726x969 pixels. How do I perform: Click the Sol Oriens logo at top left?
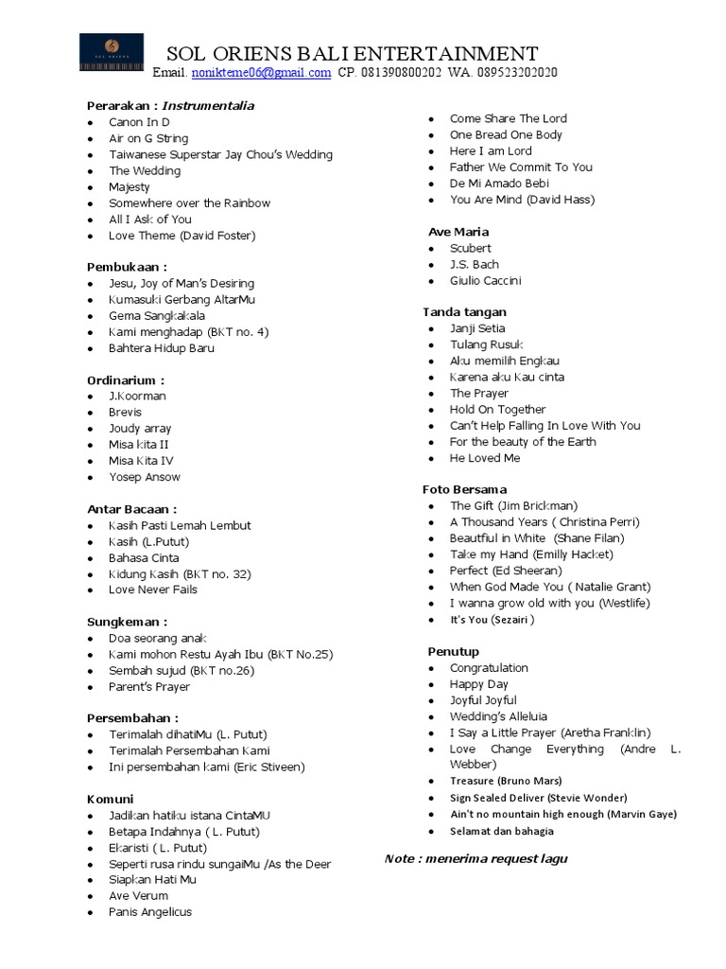[x=112, y=52]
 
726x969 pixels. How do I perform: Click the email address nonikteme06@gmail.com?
[x=261, y=73]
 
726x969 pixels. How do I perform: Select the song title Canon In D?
[x=139, y=122]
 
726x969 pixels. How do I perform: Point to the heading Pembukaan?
[x=127, y=267]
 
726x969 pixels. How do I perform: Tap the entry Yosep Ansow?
[x=144, y=477]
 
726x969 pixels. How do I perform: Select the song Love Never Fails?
[x=153, y=590]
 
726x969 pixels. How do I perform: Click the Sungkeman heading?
[x=127, y=622]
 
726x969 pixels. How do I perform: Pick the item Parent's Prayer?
[x=149, y=687]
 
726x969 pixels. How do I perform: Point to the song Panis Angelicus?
[x=150, y=911]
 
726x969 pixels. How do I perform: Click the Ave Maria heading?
[x=458, y=232]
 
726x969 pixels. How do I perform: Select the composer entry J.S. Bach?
[x=475, y=264]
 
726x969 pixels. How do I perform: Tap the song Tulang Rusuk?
[x=486, y=344]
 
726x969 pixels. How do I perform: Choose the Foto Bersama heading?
[x=464, y=489]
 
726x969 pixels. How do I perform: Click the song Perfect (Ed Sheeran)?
[x=506, y=571]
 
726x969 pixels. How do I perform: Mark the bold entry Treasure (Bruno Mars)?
[x=506, y=781]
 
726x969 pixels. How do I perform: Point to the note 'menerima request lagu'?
[x=475, y=858]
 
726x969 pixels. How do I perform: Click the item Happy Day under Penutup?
[x=479, y=684]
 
